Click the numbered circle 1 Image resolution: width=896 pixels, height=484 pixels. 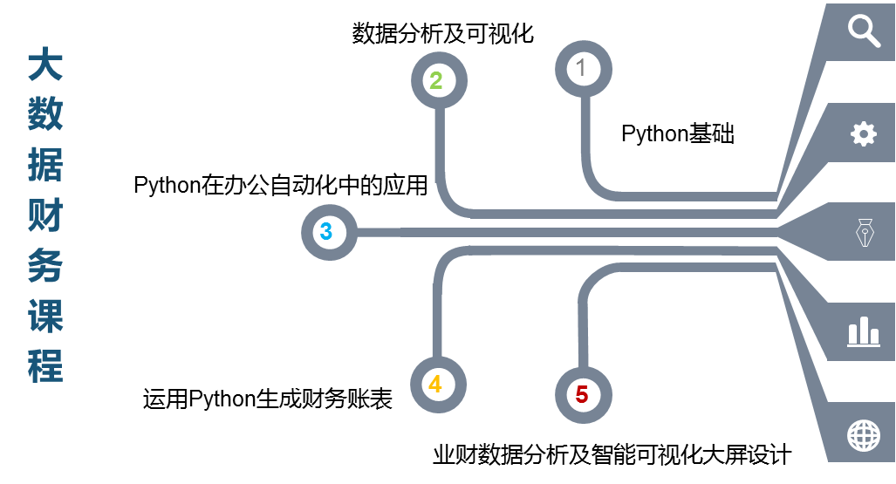click(x=583, y=67)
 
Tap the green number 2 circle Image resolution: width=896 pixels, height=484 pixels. click(x=437, y=81)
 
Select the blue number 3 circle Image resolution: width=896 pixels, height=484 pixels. click(x=326, y=232)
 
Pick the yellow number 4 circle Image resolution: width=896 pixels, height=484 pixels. click(x=435, y=383)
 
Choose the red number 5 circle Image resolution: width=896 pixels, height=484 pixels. click(x=582, y=394)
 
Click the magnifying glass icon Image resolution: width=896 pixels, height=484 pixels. click(x=863, y=31)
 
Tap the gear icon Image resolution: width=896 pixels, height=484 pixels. click(x=863, y=133)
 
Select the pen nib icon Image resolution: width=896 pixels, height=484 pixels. click(x=863, y=233)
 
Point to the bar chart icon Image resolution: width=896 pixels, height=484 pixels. click(x=863, y=331)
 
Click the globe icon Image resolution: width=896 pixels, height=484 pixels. click(x=863, y=433)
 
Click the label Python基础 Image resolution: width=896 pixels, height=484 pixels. click(x=678, y=134)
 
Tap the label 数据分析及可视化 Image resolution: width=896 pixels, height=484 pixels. click(x=442, y=33)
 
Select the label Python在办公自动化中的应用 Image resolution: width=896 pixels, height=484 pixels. click(x=281, y=186)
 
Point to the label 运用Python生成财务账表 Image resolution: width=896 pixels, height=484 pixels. click(x=268, y=399)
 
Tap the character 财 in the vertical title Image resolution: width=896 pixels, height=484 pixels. click(x=45, y=214)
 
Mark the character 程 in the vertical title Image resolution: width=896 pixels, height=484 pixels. click(x=45, y=365)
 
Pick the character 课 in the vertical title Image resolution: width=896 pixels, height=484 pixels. click(x=45, y=315)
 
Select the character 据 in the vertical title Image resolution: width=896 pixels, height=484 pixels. click(x=45, y=164)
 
